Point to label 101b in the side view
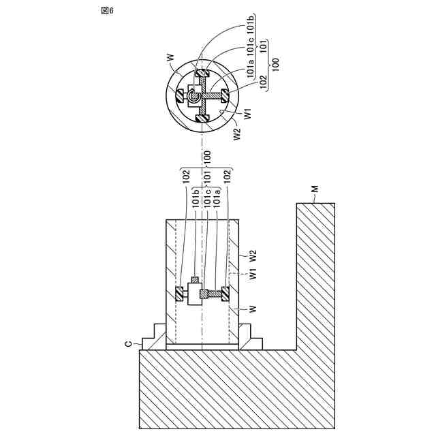pyautogui.click(x=196, y=197)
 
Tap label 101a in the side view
pyautogui.click(x=216, y=197)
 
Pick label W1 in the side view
pyautogui.click(x=252, y=275)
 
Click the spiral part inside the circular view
pyautogui.click(x=194, y=98)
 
